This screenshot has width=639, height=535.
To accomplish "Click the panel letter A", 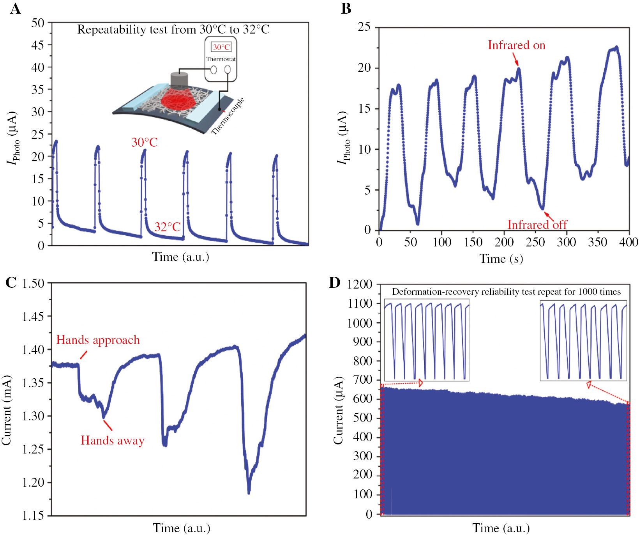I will (x=15, y=9).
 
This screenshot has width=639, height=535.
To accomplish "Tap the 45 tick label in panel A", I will (x=38, y=45).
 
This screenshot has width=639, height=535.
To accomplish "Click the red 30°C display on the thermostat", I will (x=221, y=47).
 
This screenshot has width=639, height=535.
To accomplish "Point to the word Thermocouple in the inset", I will (x=228, y=116).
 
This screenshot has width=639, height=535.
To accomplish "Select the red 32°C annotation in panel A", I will (x=168, y=227).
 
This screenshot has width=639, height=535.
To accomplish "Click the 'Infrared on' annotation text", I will (x=516, y=45).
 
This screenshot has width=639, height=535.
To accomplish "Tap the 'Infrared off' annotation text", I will (x=537, y=225).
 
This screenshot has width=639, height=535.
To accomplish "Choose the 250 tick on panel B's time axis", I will (x=535, y=242).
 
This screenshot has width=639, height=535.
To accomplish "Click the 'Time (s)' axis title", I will (x=501, y=259).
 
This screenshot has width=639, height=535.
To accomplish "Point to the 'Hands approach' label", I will (x=98, y=340).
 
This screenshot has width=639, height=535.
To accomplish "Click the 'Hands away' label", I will (x=112, y=440).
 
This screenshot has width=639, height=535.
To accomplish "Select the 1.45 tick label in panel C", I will (x=33, y=316).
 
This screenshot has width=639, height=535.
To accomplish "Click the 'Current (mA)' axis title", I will (x=6, y=410).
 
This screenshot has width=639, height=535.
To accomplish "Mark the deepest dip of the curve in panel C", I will (x=249, y=492).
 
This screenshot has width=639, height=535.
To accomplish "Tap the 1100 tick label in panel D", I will (x=360, y=303).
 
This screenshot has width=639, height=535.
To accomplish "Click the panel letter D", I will (x=335, y=282).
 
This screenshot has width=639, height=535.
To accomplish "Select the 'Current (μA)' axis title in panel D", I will (x=338, y=410).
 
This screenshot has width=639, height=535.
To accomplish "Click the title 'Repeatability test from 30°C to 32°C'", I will (x=173, y=30).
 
